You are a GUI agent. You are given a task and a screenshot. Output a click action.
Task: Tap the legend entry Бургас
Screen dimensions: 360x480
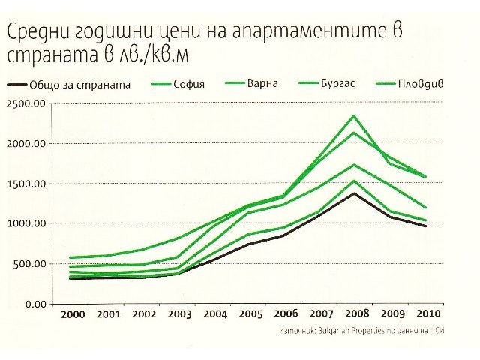tap(343, 84)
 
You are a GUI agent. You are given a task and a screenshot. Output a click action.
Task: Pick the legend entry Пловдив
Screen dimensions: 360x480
tap(421, 84)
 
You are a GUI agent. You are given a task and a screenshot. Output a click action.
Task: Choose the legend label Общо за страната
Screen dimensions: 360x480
tap(81, 85)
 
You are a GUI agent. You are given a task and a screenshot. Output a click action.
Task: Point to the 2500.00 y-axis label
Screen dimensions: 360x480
tap(27, 103)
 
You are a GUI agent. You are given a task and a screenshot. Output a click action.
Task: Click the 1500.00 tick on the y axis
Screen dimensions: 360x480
tap(27, 184)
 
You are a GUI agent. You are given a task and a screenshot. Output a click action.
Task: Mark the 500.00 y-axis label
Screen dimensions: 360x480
tap(30, 263)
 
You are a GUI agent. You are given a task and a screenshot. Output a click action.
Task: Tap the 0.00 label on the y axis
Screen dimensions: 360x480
tap(36, 303)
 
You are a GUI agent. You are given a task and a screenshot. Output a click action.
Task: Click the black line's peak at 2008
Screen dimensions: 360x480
tap(354, 193)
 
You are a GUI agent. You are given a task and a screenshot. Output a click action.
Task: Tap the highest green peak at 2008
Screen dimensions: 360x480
tap(354, 116)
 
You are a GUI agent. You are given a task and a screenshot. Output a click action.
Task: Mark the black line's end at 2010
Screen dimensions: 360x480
tap(425, 226)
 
